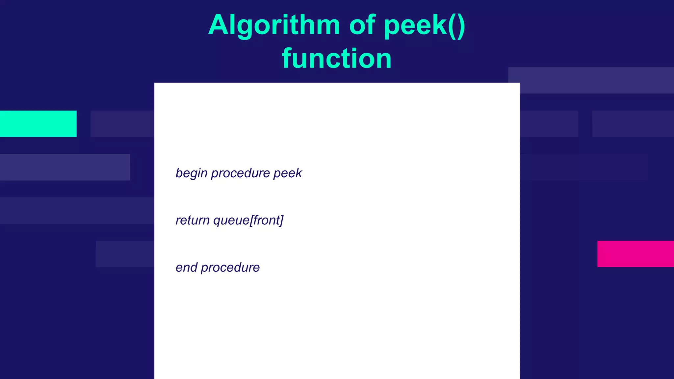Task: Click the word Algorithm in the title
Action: pos(274,26)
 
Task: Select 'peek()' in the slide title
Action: pos(425,26)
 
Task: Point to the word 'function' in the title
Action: pos(337,59)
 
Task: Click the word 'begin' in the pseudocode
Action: pos(191,173)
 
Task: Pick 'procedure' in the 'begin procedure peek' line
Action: pos(240,173)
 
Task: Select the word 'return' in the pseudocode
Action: pos(193,220)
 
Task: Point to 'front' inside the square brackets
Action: pos(266,220)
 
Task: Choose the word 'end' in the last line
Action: pos(186,267)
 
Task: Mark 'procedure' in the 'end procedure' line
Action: pos(230,267)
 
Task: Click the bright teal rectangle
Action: pos(38,124)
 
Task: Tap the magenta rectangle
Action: pos(635,254)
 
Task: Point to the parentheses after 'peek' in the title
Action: pos(457,26)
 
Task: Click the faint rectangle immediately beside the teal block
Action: pos(122,124)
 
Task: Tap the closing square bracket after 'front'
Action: pos(281,220)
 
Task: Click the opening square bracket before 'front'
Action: pos(251,220)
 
